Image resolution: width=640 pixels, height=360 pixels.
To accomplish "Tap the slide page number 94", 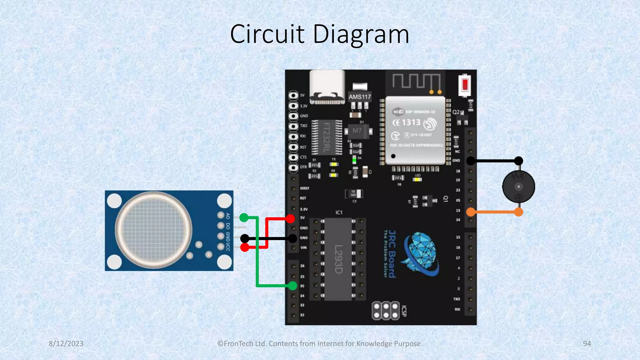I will pyautogui.click(x=587, y=343).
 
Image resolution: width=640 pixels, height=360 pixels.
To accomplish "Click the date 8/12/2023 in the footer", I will pyautogui.click(x=66, y=343).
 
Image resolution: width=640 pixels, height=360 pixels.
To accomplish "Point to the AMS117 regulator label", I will pyautogui.click(x=360, y=97).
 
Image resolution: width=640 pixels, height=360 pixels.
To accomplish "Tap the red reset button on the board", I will pyautogui.click(x=465, y=85).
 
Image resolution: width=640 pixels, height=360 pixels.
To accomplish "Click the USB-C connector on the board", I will pyautogui.click(x=327, y=87).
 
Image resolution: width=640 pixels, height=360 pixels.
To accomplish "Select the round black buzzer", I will pyautogui.click(x=518, y=187).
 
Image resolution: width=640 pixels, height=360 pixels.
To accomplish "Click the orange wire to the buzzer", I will pyautogui.click(x=495, y=212).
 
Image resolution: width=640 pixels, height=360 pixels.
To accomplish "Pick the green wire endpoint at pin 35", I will pyautogui.click(x=292, y=285).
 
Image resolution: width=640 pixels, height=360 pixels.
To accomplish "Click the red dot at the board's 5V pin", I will pyautogui.click(x=290, y=218).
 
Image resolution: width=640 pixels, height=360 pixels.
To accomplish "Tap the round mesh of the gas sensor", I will pyautogui.click(x=153, y=230).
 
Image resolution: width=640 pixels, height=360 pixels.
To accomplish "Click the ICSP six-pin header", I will pyautogui.click(x=386, y=311).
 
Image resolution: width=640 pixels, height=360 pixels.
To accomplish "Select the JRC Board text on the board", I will pyautogui.click(x=392, y=254).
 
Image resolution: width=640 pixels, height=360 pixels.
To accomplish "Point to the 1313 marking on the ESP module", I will pyautogui.click(x=411, y=122).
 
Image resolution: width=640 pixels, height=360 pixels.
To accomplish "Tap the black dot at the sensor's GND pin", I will pyautogui.click(x=245, y=239).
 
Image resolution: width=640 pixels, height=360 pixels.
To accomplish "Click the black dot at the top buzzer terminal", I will pyautogui.click(x=518, y=161).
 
